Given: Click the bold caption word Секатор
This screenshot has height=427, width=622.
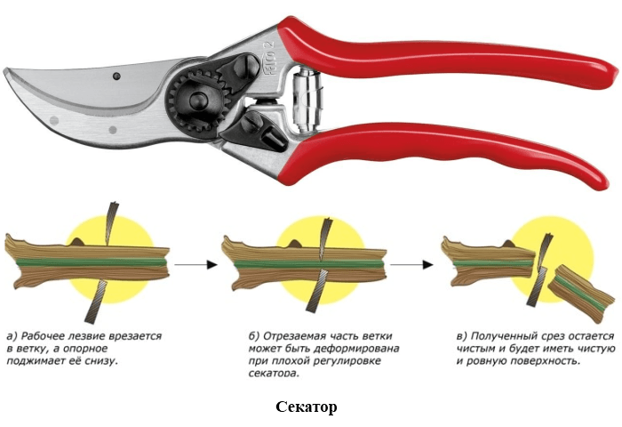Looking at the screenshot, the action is (x=307, y=407).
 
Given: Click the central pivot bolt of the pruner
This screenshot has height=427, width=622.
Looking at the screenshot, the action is (x=198, y=101).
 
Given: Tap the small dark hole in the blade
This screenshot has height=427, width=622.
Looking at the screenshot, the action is (x=116, y=76).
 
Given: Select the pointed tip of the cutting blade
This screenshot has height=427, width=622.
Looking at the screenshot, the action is (x=5, y=71).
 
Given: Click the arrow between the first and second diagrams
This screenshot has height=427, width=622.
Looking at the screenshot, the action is (x=196, y=264).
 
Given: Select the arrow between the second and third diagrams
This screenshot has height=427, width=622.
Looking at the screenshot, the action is (x=411, y=264).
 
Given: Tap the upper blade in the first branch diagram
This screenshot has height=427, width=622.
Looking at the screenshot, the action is (x=110, y=223).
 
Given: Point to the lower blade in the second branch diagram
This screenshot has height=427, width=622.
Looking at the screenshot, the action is (x=318, y=290).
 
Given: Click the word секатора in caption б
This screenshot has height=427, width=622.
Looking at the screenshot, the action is (x=274, y=374).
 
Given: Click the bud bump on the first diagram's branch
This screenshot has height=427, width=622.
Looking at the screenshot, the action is (x=77, y=241).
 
